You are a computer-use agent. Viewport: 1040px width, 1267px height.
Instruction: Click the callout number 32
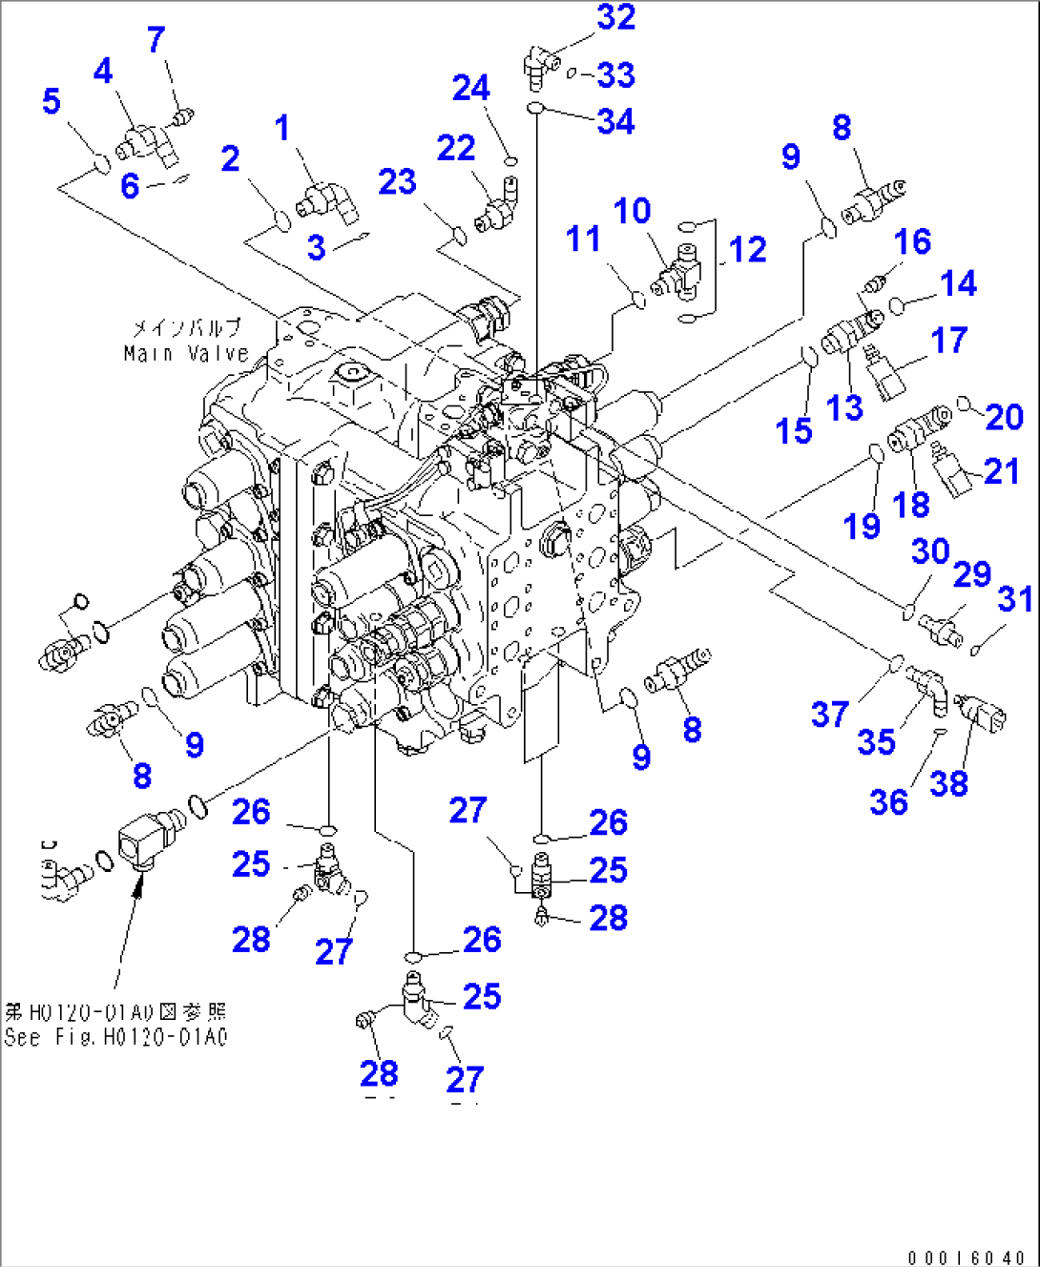pyautogui.click(x=615, y=18)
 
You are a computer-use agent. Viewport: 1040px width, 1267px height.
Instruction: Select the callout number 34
pyautogui.click(x=615, y=122)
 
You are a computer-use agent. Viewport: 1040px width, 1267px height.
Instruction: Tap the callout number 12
pyautogui.click(x=747, y=250)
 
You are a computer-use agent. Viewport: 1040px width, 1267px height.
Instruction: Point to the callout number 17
pyautogui.click(x=948, y=341)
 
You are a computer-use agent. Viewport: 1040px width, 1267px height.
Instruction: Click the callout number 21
pyautogui.click(x=1001, y=471)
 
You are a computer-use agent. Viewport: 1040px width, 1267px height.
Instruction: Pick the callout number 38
pyautogui.click(x=948, y=784)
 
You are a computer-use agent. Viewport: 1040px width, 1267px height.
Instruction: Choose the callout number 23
pyautogui.click(x=397, y=182)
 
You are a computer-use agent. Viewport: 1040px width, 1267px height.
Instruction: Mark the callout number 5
pyautogui.click(x=52, y=102)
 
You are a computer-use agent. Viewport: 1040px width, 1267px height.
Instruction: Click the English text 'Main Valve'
pyautogui.click(x=185, y=354)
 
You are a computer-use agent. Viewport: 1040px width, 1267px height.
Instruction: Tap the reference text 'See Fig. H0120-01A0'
pyautogui.click(x=115, y=1037)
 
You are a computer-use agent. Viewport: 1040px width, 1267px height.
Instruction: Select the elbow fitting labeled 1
pyautogui.click(x=324, y=201)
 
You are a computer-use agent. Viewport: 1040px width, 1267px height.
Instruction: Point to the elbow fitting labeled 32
pyautogui.click(x=539, y=64)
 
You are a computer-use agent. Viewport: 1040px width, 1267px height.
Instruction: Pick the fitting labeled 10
pyautogui.click(x=679, y=272)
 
